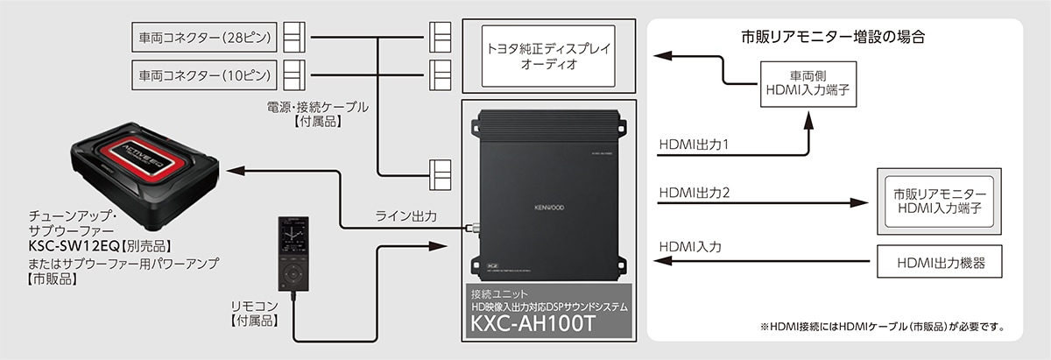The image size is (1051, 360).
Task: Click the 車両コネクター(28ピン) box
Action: tap(204, 37)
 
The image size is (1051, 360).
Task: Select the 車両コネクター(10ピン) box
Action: tap(204, 75)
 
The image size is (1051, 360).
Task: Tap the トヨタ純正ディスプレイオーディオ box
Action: tap(548, 56)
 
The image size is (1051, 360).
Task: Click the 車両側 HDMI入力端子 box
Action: tap(808, 84)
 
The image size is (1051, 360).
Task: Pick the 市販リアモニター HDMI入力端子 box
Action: tap(939, 201)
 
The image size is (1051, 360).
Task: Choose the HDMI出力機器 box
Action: tap(939, 261)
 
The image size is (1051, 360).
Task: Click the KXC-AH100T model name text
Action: tap(533, 324)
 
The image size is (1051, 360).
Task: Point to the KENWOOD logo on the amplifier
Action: tap(549, 208)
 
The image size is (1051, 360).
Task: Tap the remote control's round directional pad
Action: tap(293, 272)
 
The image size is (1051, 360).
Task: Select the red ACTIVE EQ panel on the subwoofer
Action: tap(139, 156)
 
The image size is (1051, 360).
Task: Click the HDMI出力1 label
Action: tap(694, 145)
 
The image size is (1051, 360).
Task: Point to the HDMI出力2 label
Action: tap(695, 193)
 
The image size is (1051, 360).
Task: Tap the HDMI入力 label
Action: tap(690, 247)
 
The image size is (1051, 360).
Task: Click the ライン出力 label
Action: tap(406, 215)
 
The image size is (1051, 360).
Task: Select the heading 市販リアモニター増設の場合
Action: tap(833, 37)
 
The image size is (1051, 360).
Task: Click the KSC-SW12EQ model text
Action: tap(74, 246)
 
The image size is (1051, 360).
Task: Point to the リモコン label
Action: tap(254, 306)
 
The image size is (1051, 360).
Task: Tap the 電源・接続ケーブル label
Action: tap(318, 107)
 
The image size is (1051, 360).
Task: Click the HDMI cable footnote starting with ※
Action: tap(882, 327)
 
